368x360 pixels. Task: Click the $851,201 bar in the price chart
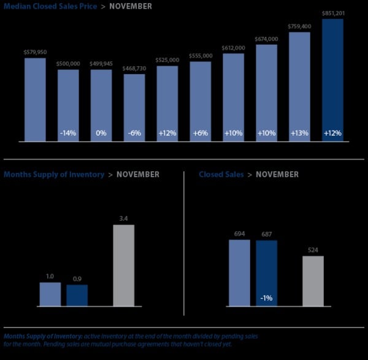pyautogui.click(x=332, y=80)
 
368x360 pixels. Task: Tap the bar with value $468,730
pyautogui.click(x=134, y=107)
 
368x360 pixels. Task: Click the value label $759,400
pyautogui.click(x=299, y=26)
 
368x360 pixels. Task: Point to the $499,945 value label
pyautogui.click(x=101, y=63)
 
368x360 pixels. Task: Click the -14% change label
pyautogui.click(x=68, y=133)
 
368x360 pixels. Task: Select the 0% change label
pyautogui.click(x=101, y=133)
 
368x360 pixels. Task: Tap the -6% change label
pyautogui.click(x=134, y=133)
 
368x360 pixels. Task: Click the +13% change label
pyautogui.click(x=299, y=133)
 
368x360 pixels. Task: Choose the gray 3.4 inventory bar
pyautogui.click(x=124, y=265)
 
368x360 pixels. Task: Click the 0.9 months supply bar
pyautogui.click(x=77, y=295)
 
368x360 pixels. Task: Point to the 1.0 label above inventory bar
pyautogui.click(x=50, y=277)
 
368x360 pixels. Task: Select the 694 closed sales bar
pyautogui.click(x=239, y=272)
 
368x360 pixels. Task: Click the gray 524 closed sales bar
pyautogui.click(x=313, y=280)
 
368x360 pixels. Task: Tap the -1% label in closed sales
pyautogui.click(x=266, y=298)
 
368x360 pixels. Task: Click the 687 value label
pyautogui.click(x=266, y=234)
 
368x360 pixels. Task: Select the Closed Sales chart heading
pyautogui.click(x=220, y=175)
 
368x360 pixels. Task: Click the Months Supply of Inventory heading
pyautogui.click(x=54, y=175)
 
